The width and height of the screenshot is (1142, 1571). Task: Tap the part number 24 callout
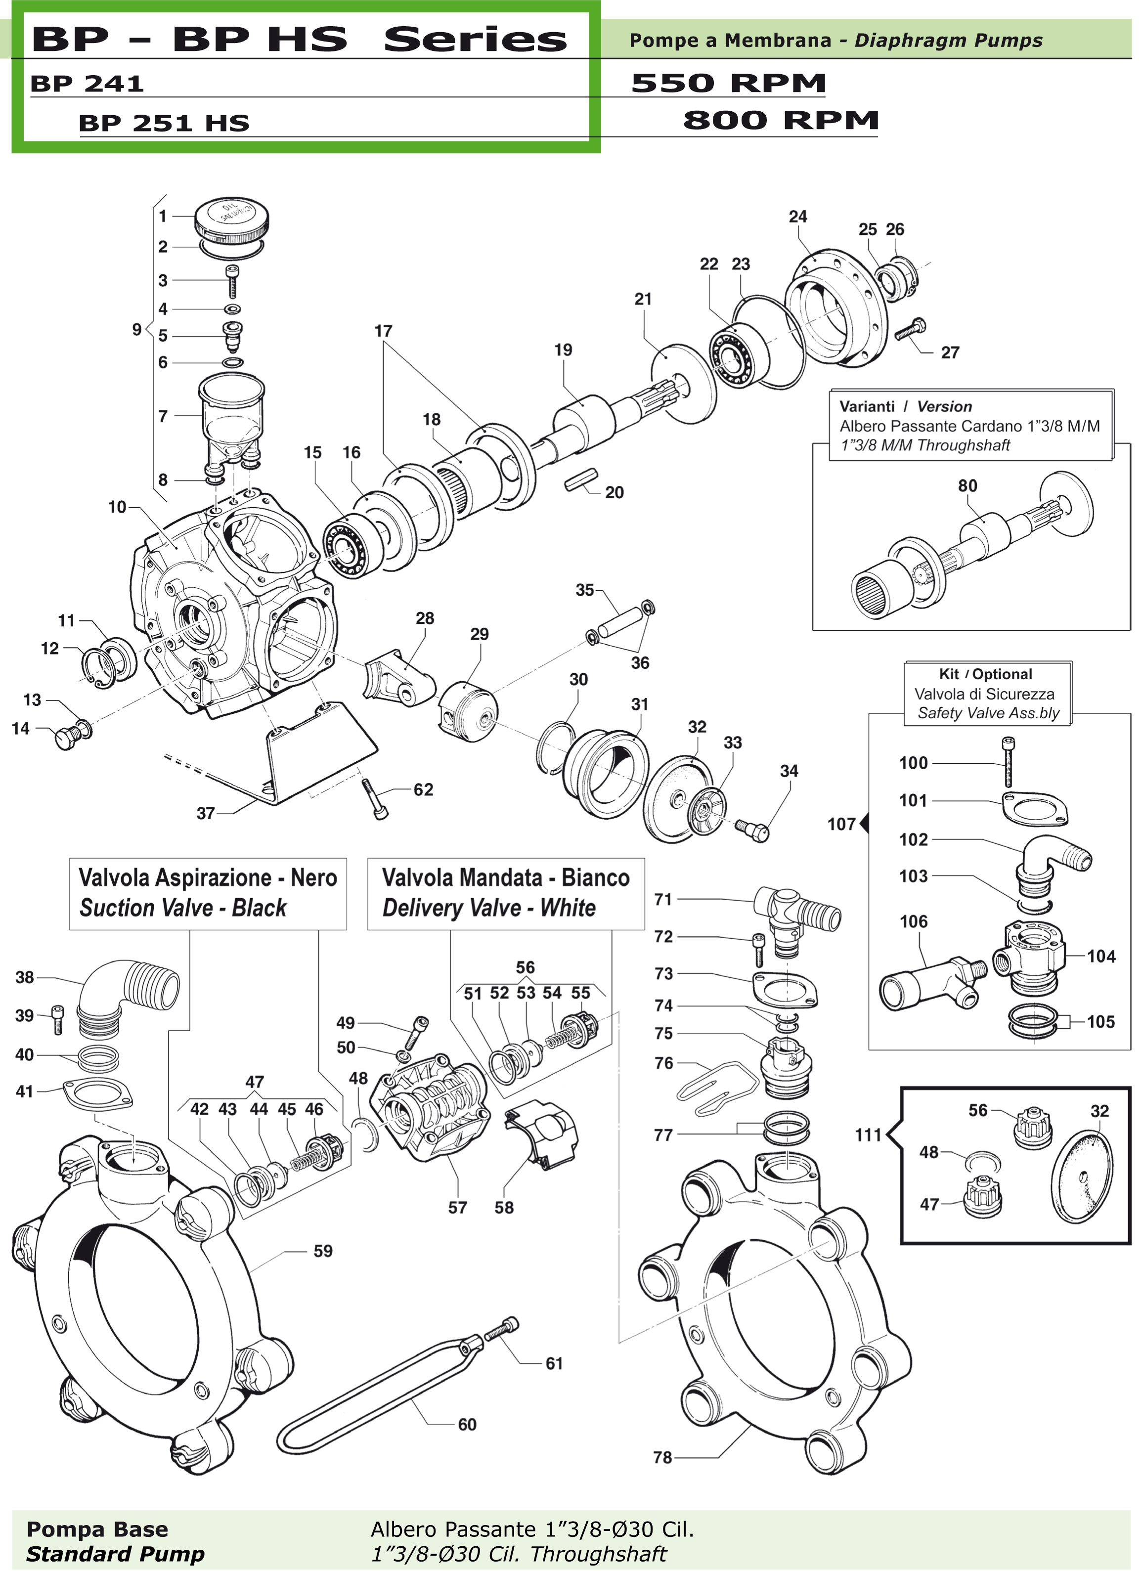pos(798,217)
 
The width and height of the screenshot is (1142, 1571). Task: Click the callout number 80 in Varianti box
pos(967,485)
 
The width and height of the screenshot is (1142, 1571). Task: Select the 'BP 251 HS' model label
pos(164,123)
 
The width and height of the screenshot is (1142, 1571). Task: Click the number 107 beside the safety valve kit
pos(841,824)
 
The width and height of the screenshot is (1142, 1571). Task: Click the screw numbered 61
pos(501,1330)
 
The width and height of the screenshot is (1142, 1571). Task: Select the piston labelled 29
pos(468,706)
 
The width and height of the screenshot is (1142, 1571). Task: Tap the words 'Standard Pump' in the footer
pos(115,1554)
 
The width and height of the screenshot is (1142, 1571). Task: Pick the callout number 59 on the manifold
pos(323,1251)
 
